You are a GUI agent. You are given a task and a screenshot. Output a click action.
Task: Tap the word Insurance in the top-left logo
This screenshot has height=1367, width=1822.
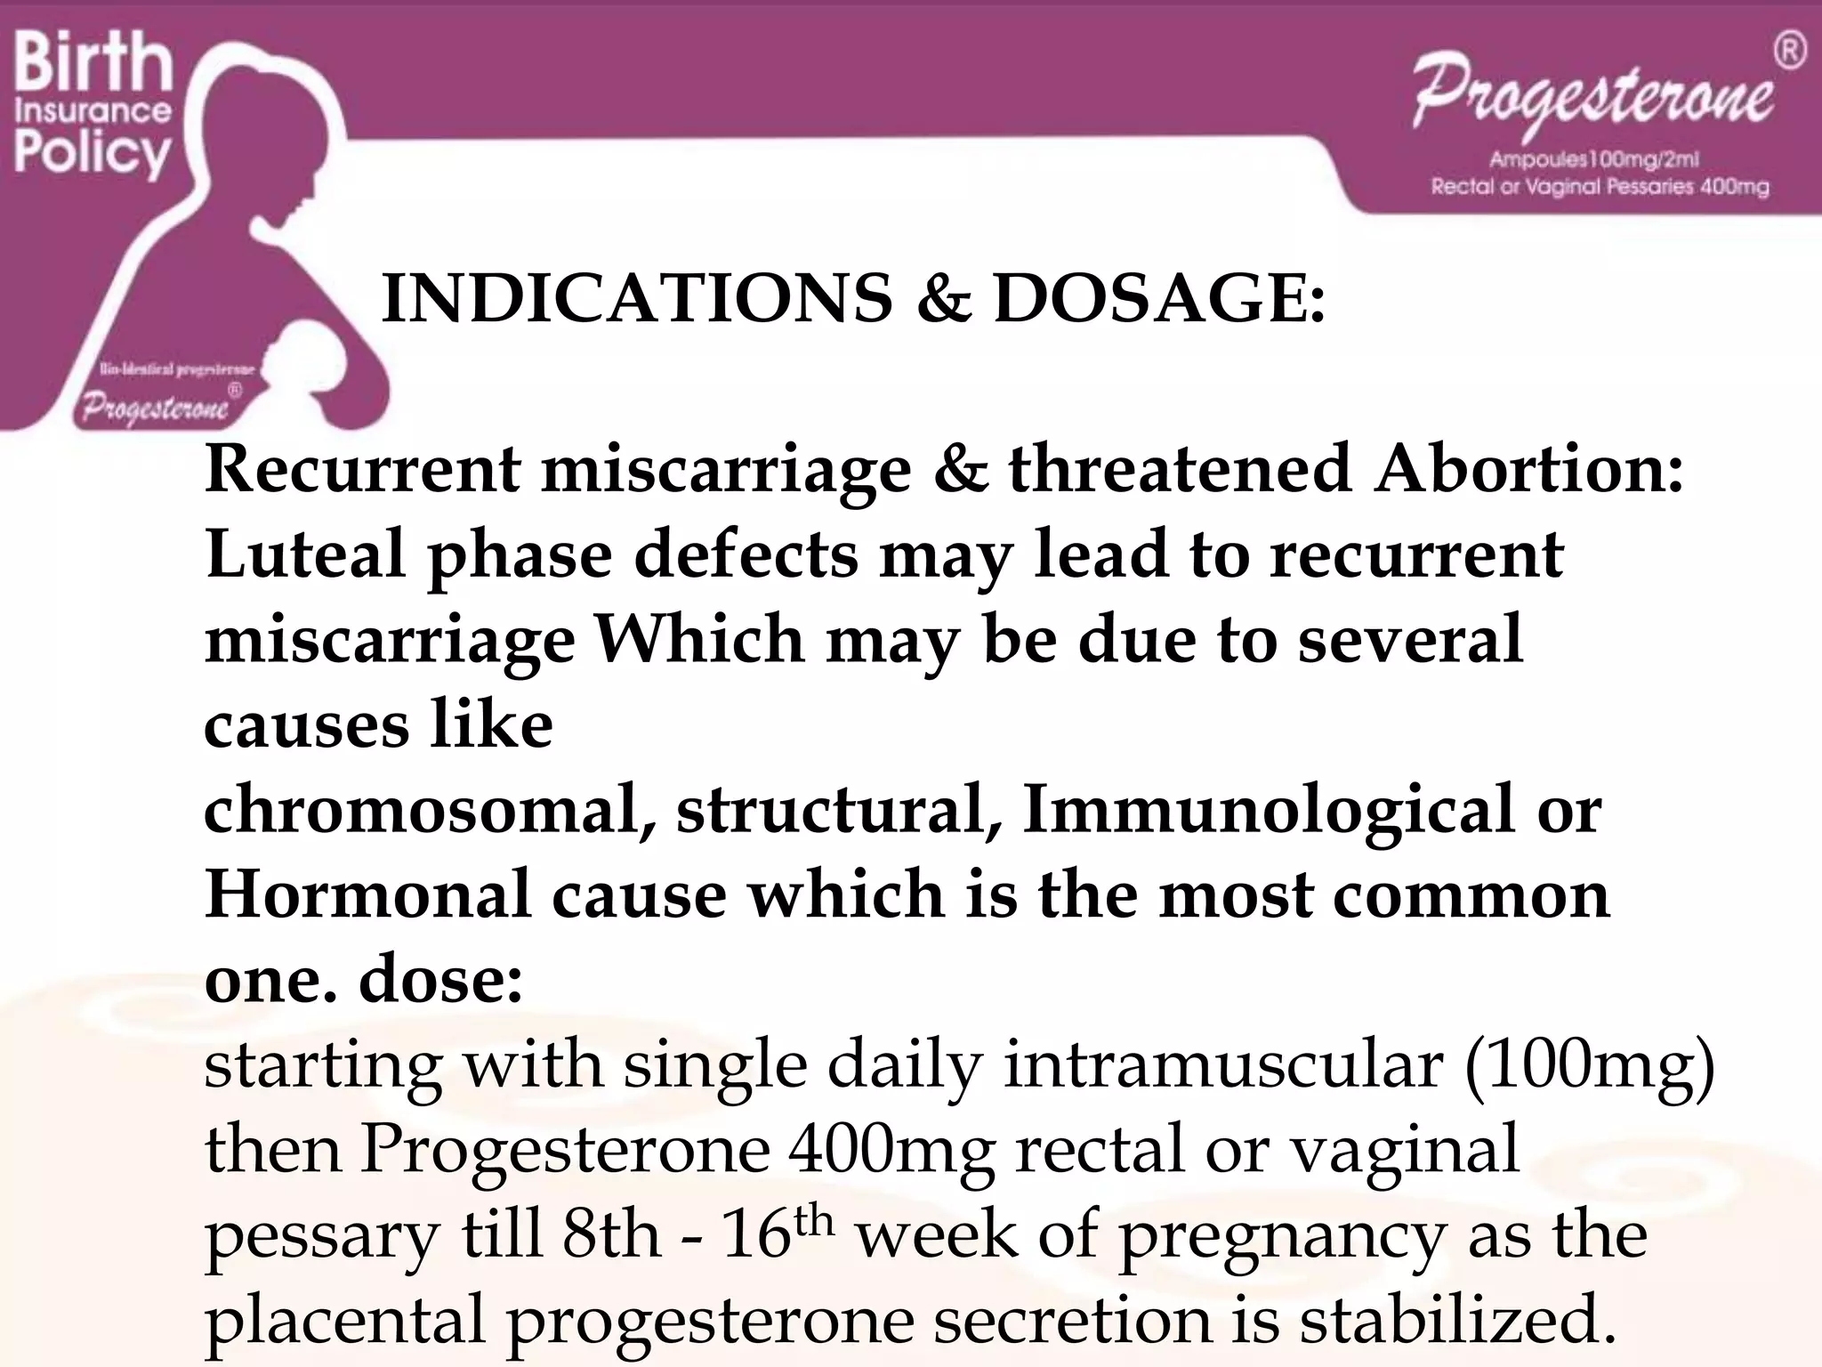93,111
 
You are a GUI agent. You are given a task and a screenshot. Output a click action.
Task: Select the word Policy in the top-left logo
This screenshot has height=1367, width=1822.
93,153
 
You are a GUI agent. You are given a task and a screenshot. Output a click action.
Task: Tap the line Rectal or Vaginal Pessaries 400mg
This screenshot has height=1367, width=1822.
1600,187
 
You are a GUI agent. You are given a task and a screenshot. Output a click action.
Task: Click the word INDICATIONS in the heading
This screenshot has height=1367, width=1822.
636,297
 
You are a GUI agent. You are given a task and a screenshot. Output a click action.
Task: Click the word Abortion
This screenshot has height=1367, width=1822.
1528,468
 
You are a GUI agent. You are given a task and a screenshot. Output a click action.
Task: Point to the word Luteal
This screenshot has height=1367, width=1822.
306,554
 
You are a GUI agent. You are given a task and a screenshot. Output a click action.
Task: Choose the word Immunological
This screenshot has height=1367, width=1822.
1268,810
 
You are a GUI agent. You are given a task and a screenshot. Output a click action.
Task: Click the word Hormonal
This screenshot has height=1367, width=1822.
367,894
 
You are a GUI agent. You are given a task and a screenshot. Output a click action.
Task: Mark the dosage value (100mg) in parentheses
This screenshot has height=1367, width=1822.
1589,1064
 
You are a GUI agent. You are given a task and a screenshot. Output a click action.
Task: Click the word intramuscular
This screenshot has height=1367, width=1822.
1222,1064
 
